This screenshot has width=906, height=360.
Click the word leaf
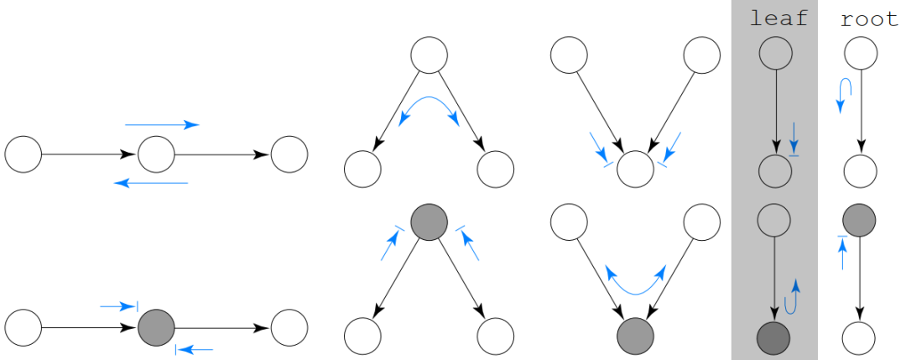click(x=778, y=18)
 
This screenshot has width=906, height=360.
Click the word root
click(x=869, y=18)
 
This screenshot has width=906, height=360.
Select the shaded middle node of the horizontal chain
click(x=156, y=326)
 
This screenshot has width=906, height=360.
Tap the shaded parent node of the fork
click(x=429, y=222)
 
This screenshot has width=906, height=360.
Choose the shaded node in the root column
click(x=859, y=221)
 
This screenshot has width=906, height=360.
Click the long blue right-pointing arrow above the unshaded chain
click(x=162, y=125)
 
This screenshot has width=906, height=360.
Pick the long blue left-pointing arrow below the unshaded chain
click(x=151, y=182)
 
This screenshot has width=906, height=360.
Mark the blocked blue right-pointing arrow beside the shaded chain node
click(x=118, y=307)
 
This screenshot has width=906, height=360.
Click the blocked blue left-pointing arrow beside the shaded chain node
click(x=194, y=348)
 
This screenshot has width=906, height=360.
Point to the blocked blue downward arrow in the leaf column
click(x=793, y=139)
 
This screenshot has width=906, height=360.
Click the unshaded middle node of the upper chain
click(x=156, y=154)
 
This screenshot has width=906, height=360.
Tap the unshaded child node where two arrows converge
click(x=635, y=170)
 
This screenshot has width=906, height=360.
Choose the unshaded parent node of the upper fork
click(x=429, y=55)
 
